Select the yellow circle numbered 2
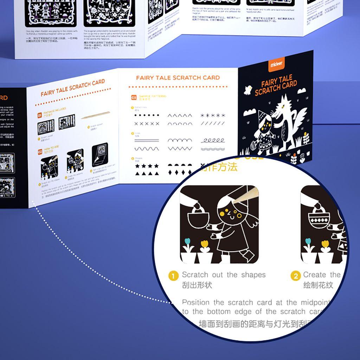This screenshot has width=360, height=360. coord(296,276)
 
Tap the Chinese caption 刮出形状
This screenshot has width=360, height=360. coord(197,285)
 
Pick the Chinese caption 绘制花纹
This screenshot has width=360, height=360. coord(318,285)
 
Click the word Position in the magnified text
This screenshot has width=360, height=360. coord(196,302)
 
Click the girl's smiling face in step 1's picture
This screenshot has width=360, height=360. coord(230,214)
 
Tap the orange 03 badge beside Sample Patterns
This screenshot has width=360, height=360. coord(134,98)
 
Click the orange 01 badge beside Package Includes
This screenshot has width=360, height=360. coord(40,115)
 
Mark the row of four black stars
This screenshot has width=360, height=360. coord(147,165)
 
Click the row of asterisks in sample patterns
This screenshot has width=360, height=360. coord(213,115)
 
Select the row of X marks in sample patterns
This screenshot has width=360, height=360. coord(147,124)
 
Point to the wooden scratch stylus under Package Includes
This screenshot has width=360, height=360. coord(96,115)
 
